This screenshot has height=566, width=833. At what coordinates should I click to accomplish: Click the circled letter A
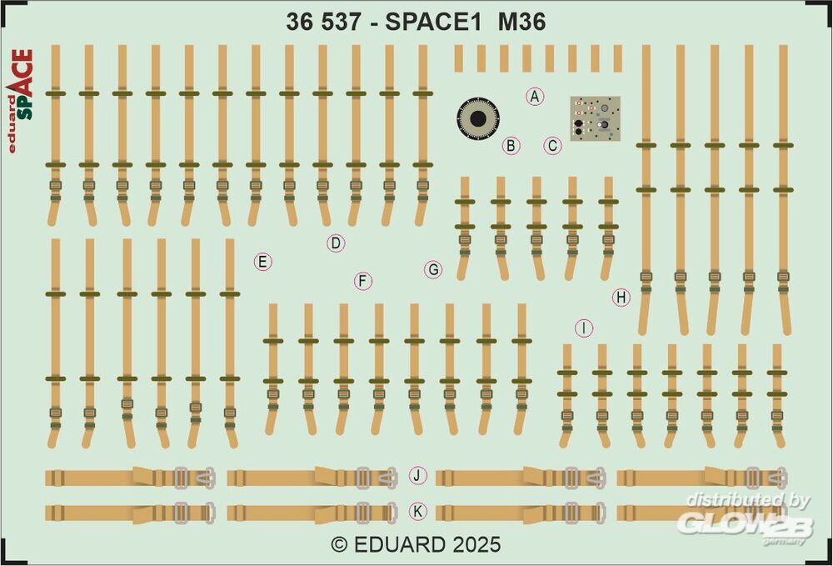535,97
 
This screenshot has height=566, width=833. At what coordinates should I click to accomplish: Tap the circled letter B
511,146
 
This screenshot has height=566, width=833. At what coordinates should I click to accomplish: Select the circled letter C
552,146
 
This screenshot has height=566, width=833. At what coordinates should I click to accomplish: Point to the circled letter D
336,243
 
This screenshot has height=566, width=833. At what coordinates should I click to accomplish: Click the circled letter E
262,262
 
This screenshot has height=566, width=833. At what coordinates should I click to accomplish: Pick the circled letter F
363,281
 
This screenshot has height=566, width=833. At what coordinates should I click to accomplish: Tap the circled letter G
433,270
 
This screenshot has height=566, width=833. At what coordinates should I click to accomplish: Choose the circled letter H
621,298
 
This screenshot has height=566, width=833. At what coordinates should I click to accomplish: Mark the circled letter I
584,328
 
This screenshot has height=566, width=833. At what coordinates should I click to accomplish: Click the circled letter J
418,476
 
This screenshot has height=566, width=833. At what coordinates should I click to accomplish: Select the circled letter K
418,512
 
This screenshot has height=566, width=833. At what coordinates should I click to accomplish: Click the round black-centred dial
477,119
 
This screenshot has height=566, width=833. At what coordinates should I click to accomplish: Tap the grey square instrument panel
596,118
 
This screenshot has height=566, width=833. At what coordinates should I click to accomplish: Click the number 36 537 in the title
324,23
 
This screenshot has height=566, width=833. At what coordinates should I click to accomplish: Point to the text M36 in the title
521,23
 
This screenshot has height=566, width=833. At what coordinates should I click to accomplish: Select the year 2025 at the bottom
477,544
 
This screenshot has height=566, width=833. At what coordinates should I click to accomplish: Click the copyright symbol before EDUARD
340,544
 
